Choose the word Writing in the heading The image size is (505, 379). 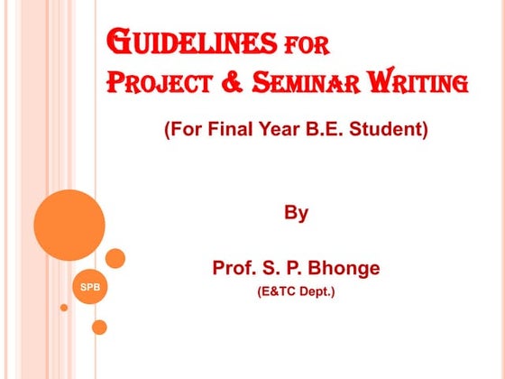416,84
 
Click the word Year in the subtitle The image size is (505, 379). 276,130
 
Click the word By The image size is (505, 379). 296,214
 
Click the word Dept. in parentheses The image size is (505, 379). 318,292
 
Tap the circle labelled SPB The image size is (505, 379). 90,287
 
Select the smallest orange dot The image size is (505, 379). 64,308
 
